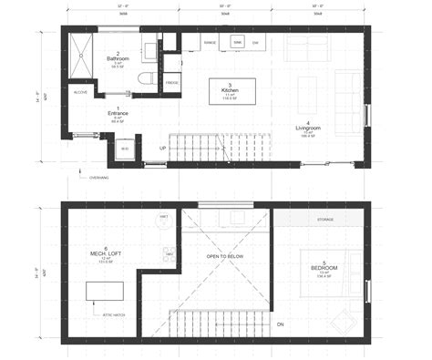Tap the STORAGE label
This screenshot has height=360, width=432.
pos(326,220)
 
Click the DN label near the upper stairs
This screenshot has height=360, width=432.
pos(281,325)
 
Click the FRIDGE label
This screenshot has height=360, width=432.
pos(171,84)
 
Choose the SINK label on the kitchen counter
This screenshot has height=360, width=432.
pos(237,42)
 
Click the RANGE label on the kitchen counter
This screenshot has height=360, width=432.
pos(210,42)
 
